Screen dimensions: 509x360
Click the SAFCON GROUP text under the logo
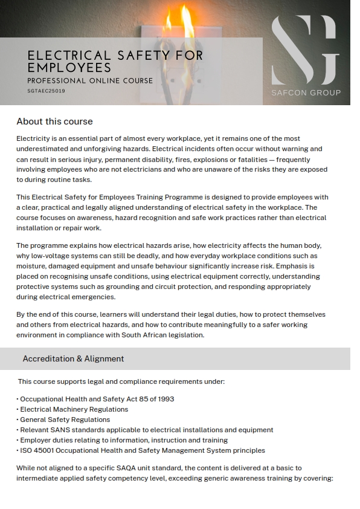tap(306, 92)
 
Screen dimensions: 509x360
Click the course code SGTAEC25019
tap(47, 91)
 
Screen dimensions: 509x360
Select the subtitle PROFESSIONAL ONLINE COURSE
tap(90, 80)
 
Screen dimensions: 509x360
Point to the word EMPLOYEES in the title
tap(69, 68)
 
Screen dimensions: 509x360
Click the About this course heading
tap(54, 122)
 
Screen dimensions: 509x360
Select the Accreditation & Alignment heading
tap(73, 358)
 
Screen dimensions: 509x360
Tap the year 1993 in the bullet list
tap(165, 399)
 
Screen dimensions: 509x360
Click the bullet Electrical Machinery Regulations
tap(74, 409)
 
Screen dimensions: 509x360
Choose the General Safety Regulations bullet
tap(65, 420)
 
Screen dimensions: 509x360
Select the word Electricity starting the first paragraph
tap(34, 138)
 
